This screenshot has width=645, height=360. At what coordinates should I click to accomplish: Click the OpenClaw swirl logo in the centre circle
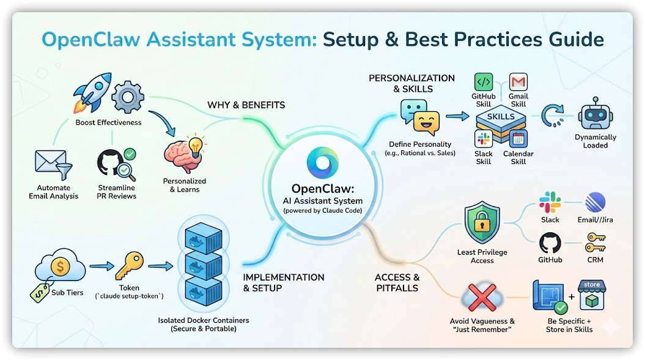[x=322, y=161]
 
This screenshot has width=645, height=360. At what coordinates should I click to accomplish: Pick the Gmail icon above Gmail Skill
[x=518, y=82]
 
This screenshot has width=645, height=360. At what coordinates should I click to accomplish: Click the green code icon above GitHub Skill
[x=483, y=82]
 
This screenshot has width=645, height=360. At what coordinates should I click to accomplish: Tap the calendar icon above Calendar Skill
[x=518, y=138]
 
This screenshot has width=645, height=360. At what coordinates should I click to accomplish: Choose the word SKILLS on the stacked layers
[x=501, y=116]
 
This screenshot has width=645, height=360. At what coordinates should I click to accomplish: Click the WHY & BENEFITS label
[x=246, y=105]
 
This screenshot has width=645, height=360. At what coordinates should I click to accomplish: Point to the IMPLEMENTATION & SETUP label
[x=283, y=282]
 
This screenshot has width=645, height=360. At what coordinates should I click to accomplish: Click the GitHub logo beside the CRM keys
[x=550, y=243]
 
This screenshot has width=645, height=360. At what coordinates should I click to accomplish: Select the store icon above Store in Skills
[x=591, y=296]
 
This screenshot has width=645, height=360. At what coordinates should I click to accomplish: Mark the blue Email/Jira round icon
[x=594, y=203]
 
